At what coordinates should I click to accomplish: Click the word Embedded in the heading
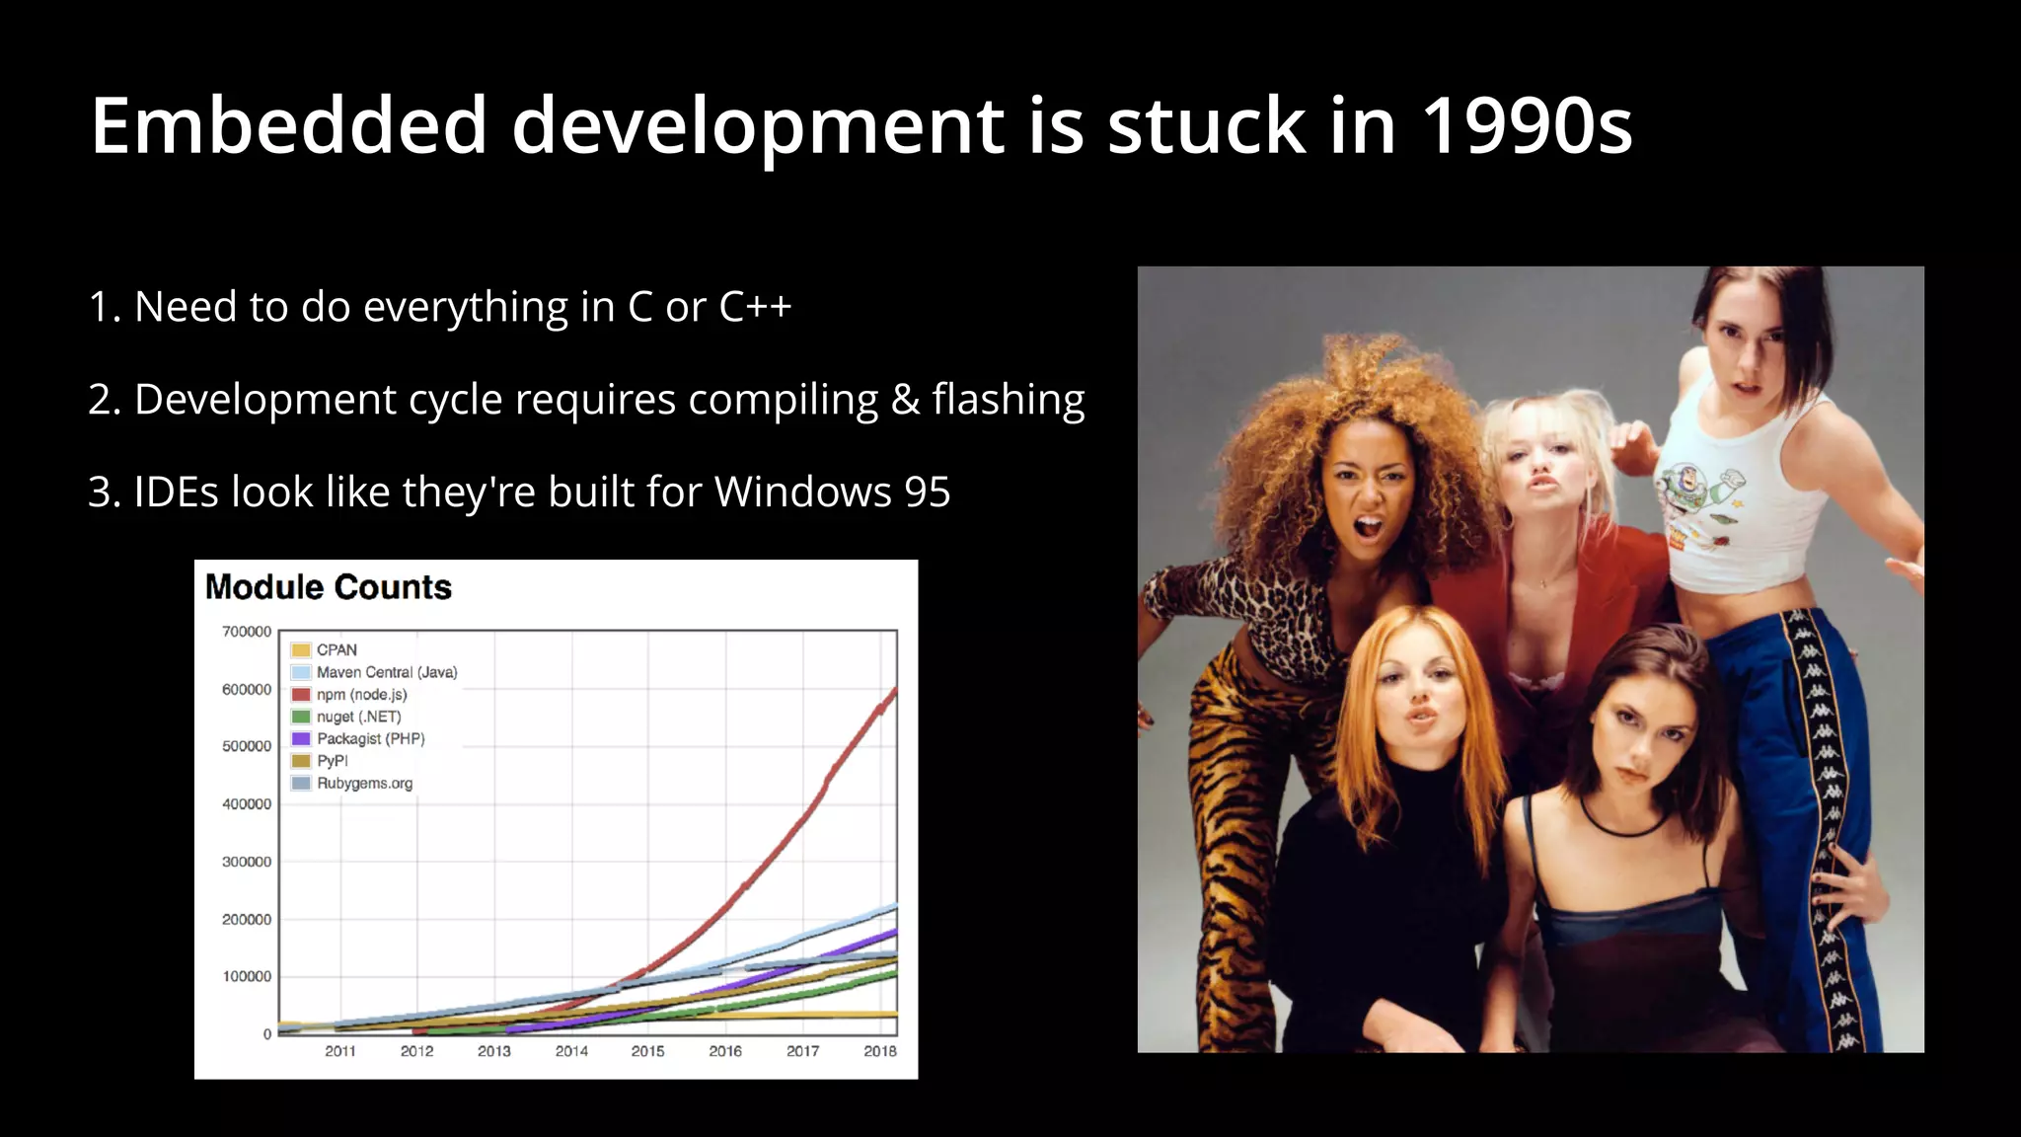click(x=288, y=126)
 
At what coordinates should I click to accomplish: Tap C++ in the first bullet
click(x=755, y=307)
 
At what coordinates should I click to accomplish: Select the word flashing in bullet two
click(x=1008, y=400)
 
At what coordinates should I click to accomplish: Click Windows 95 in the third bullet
click(x=832, y=492)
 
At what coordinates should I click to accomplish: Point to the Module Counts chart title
click(x=328, y=587)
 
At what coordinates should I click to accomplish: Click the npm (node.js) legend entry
click(x=361, y=695)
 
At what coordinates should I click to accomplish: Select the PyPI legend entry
click(x=332, y=761)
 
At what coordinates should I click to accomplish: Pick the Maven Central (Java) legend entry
click(x=386, y=672)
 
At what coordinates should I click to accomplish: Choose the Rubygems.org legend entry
click(x=364, y=784)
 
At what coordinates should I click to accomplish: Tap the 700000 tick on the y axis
click(x=246, y=632)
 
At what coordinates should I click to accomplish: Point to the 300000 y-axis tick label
click(x=246, y=862)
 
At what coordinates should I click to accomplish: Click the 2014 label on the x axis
click(x=571, y=1051)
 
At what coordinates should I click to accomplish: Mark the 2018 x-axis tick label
click(x=879, y=1051)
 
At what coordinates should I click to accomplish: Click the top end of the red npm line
click(x=894, y=689)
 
